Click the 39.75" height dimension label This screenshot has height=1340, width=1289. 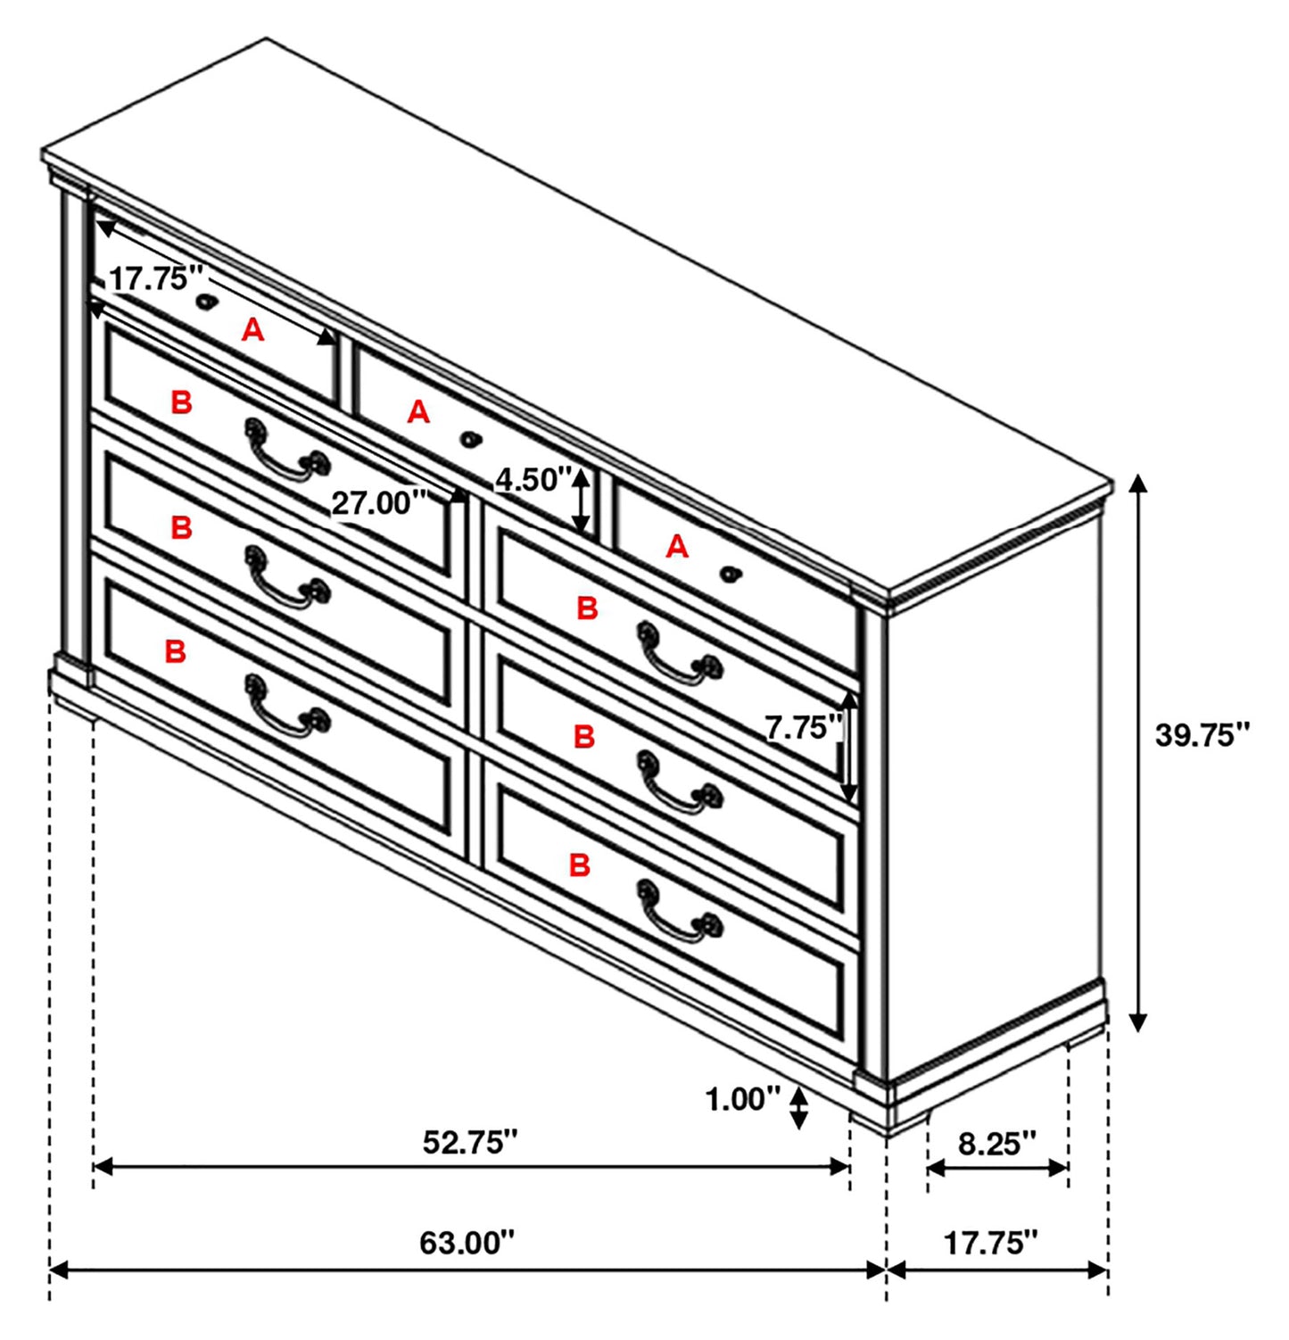pos(1201,736)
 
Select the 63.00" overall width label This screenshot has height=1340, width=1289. pos(467,1242)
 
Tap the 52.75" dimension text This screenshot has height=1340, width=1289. pos(469,1142)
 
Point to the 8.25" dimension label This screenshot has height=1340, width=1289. pos(996,1143)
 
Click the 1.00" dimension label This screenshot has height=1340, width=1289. pos(742,1099)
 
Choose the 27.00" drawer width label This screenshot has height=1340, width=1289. pos(372,503)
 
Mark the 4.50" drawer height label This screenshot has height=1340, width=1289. pos(532,480)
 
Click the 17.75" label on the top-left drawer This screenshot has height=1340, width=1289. pos(149,278)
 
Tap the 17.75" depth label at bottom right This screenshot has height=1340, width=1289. pos(991,1242)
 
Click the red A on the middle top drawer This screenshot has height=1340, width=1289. pos(418,412)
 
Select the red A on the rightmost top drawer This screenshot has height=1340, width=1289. pos(677,546)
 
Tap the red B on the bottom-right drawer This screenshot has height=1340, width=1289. pos(580,864)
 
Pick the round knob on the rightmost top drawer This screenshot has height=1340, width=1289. pos(730,574)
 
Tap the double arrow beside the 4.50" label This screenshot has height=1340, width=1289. pos(582,500)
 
